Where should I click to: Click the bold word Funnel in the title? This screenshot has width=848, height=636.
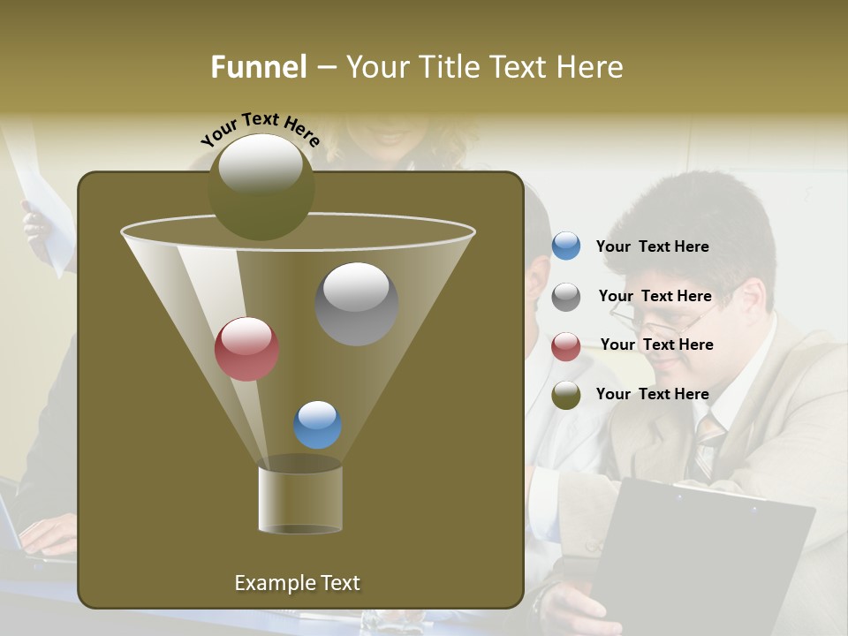[x=258, y=67]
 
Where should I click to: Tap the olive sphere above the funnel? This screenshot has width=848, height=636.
[x=261, y=186]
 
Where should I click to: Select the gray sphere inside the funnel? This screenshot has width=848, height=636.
[x=356, y=303]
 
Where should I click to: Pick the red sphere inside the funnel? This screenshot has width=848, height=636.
[x=246, y=349]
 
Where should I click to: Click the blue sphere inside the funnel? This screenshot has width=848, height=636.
[x=317, y=425]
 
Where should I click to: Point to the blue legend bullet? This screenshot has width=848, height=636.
[x=566, y=246]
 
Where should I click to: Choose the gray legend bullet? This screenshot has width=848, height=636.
[x=566, y=297]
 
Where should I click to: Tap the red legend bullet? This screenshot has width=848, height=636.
[x=566, y=346]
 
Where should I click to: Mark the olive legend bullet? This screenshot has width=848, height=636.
[x=566, y=395]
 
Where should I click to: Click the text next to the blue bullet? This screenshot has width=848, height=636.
[x=652, y=247]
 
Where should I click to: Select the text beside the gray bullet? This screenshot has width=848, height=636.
[x=655, y=297]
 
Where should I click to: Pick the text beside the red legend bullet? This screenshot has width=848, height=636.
[x=656, y=345]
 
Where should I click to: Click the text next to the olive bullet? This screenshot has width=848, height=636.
[x=652, y=395]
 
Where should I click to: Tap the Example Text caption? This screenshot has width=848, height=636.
[x=297, y=583]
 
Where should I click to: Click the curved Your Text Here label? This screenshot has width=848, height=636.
[x=261, y=130]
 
